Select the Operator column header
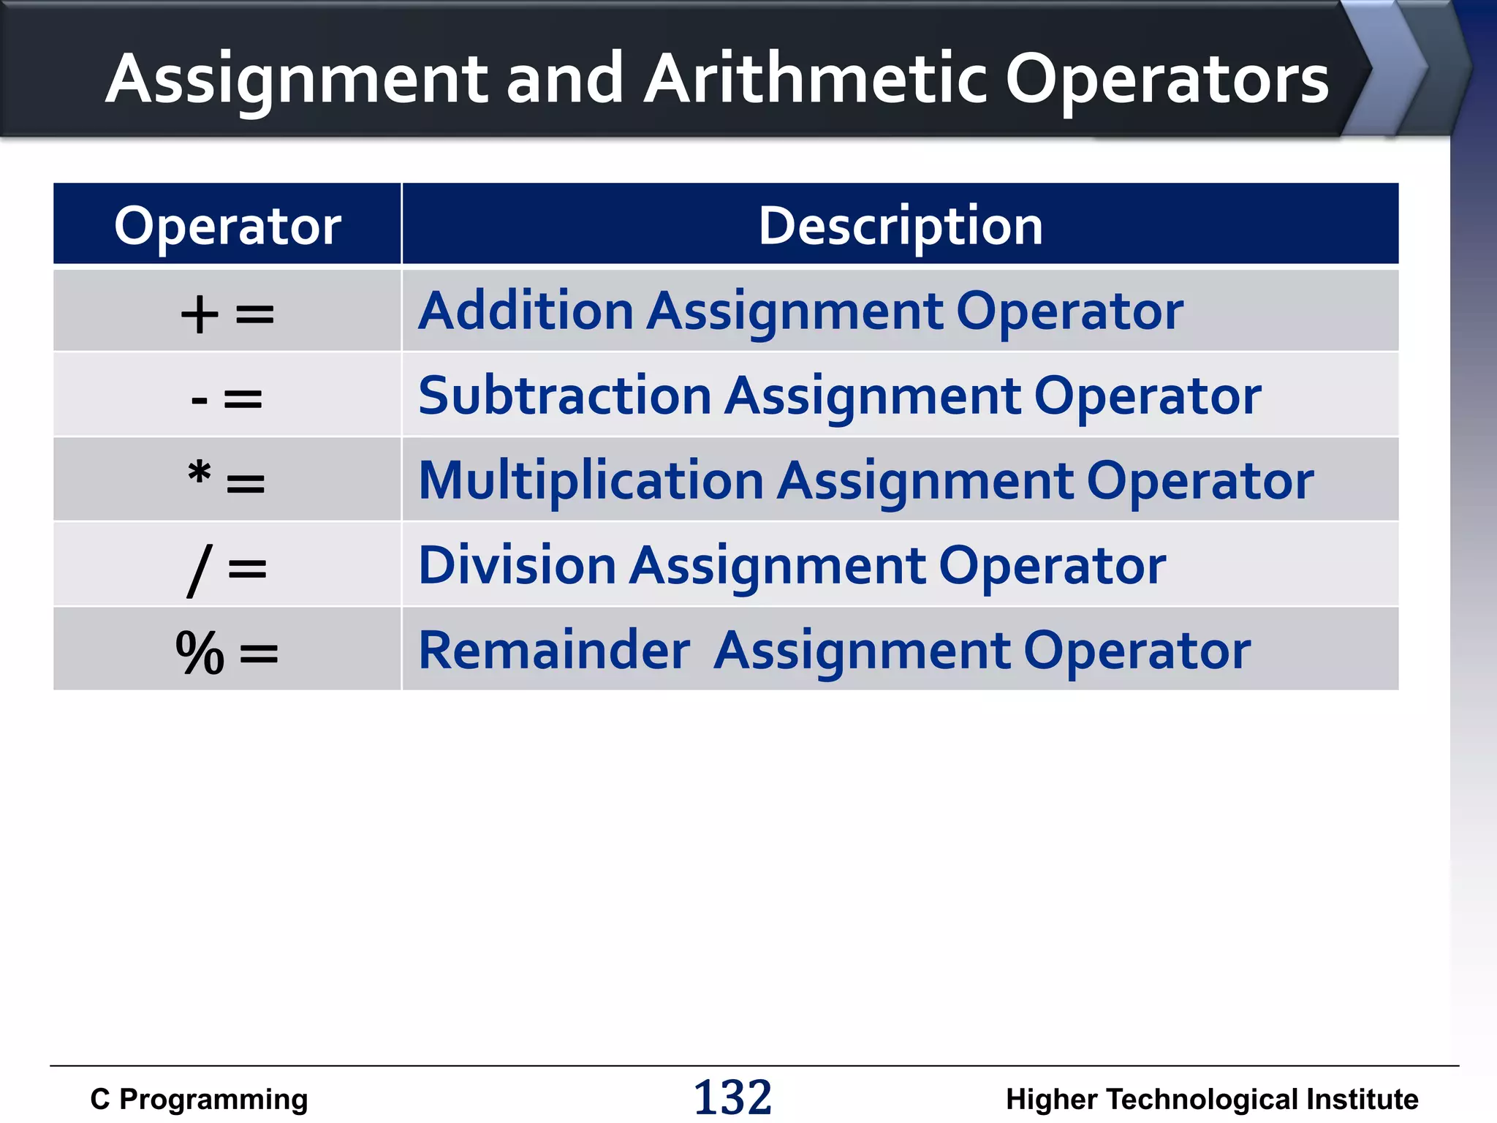point(227,225)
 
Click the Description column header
point(900,225)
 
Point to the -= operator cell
point(227,398)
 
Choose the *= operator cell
point(227,481)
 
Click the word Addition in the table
point(526,311)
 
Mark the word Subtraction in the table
point(564,396)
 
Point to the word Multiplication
point(591,481)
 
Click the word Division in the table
point(517,565)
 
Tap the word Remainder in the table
point(554,650)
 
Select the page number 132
point(732,1097)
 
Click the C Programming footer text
point(199,1099)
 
